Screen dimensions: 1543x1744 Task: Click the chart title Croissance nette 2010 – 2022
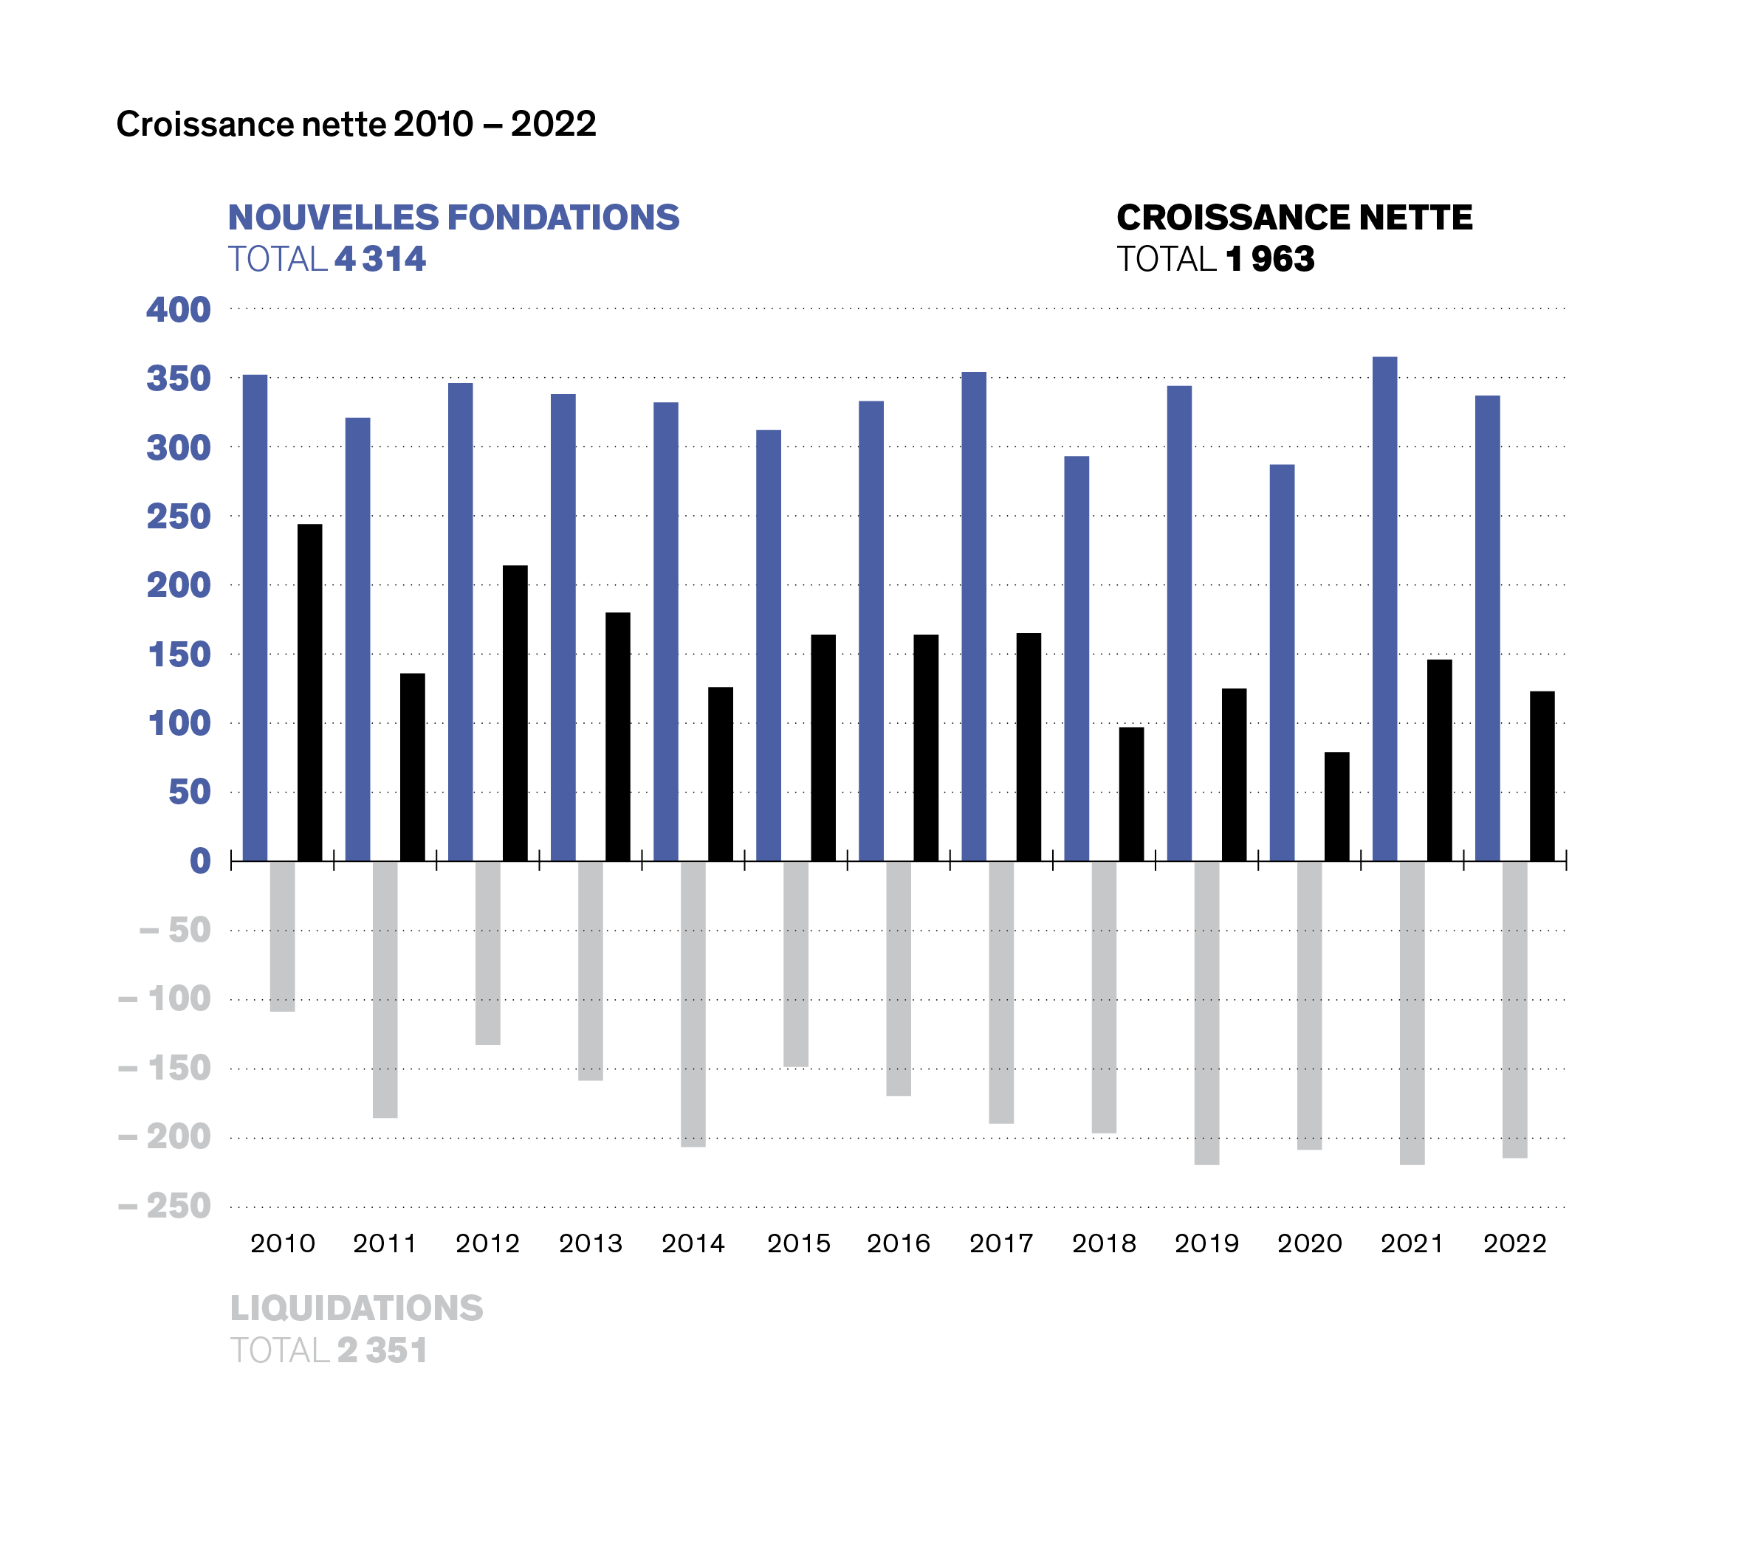356,125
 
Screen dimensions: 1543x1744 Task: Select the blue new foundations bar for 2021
1385,608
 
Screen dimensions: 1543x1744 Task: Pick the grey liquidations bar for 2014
693,1003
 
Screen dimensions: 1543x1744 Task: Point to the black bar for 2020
1337,806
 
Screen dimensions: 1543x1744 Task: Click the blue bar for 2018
1077,657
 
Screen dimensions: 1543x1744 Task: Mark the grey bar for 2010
282,936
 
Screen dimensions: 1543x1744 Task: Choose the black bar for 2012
515,712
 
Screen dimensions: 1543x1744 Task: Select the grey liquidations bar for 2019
1206,1012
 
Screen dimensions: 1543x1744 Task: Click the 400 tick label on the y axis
179,310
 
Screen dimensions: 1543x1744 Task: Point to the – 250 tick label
165,1206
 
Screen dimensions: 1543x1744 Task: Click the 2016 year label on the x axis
899,1243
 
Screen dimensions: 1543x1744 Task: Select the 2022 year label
1514,1243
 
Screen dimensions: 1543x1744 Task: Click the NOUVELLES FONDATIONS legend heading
454,218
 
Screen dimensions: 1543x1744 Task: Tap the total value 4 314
380,259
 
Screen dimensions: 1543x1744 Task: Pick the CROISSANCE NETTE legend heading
1294,218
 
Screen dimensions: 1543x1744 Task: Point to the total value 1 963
1269,259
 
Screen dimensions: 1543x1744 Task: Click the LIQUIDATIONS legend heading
357,1308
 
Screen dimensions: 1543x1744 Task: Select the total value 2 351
382,1350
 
